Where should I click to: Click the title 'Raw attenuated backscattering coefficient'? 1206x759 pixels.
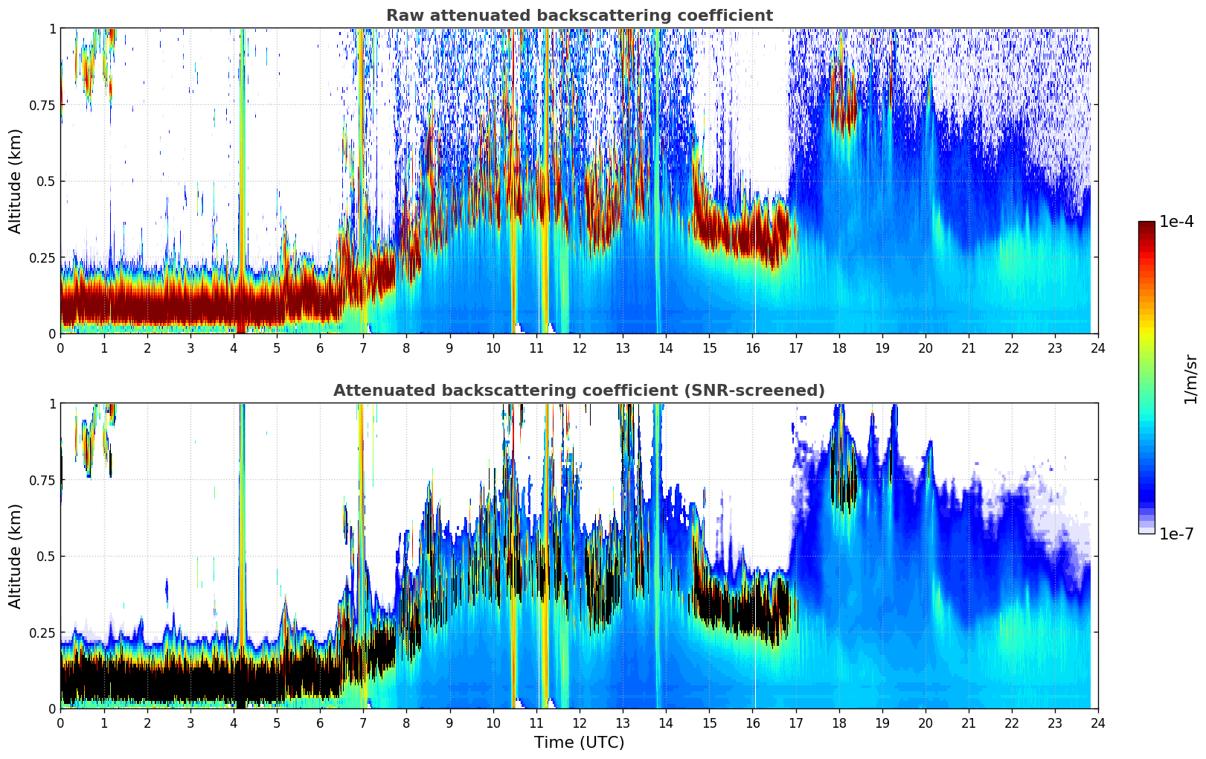(x=579, y=16)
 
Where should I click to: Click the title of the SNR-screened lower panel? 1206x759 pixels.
(x=579, y=391)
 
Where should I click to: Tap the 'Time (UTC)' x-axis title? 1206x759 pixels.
(x=579, y=743)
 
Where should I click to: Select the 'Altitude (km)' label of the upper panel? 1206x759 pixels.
(x=16, y=181)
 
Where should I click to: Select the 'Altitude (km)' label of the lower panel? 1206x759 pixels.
(x=16, y=556)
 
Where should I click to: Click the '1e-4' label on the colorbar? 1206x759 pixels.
(x=1176, y=222)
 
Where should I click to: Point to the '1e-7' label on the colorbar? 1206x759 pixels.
(x=1176, y=534)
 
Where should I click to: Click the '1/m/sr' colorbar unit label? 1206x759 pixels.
(x=1190, y=379)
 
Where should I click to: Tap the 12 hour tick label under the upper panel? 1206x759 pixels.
(x=579, y=348)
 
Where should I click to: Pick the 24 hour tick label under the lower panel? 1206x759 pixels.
(x=1097, y=723)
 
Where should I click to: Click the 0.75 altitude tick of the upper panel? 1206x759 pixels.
(x=42, y=105)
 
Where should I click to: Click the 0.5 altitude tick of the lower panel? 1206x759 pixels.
(x=46, y=556)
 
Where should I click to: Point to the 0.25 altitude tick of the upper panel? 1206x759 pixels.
(x=42, y=257)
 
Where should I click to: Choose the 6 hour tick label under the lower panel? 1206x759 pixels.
(x=320, y=723)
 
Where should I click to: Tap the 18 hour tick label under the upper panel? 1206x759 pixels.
(x=838, y=348)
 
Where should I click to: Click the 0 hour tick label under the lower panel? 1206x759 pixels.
(x=60, y=723)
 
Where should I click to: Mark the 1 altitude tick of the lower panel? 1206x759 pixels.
(x=52, y=404)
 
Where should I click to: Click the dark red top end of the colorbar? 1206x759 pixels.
(x=1146, y=225)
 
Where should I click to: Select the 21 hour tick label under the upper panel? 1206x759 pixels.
(x=968, y=348)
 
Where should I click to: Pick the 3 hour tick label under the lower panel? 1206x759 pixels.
(x=190, y=723)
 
